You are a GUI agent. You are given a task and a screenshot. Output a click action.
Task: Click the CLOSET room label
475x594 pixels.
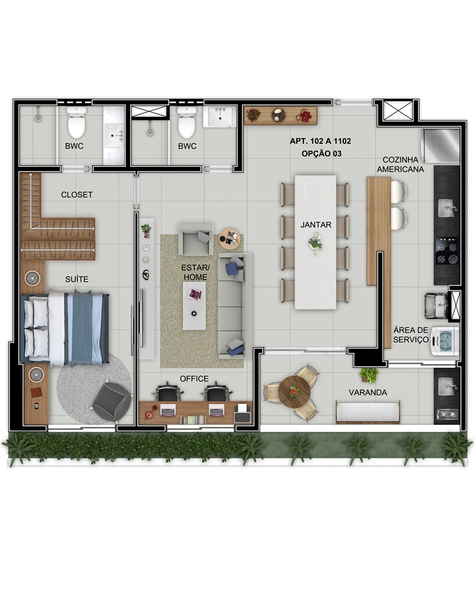tap(77, 195)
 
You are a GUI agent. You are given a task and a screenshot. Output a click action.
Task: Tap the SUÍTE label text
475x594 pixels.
tap(77, 279)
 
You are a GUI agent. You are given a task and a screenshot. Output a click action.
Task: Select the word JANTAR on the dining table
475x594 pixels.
tap(316, 225)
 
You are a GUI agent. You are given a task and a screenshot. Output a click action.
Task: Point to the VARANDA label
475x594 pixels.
tap(368, 393)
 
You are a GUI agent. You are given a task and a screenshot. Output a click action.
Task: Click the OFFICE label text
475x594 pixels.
tap(194, 378)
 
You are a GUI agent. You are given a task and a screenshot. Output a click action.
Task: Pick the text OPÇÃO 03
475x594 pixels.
tap(322, 153)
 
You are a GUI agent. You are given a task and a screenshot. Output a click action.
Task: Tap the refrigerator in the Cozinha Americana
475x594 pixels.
tap(441, 145)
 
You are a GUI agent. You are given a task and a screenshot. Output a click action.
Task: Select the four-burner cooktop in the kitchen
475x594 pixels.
tap(447, 251)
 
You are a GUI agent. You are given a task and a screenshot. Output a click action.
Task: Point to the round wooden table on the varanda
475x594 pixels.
tap(294, 391)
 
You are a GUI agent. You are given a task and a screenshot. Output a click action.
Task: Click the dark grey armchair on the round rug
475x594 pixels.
tap(112, 402)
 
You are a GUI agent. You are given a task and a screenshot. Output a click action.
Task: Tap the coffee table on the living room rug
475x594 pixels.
tap(194, 306)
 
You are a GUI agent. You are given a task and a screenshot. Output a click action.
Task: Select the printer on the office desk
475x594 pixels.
tap(242, 413)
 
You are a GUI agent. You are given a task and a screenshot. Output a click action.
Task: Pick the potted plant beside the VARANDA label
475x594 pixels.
tap(369, 375)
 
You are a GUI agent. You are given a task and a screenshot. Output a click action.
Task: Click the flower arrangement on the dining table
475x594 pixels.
tap(315, 243)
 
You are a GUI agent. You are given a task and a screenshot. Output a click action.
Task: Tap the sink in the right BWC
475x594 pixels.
tap(220, 116)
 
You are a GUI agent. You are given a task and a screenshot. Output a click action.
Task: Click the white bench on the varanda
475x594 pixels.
tap(368, 412)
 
